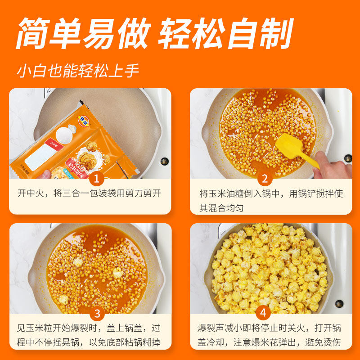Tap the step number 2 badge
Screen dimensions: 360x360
(265, 179)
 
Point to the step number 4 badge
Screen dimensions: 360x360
(265, 314)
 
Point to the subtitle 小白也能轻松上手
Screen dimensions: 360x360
(78, 72)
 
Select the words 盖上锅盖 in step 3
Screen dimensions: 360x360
(128, 328)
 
